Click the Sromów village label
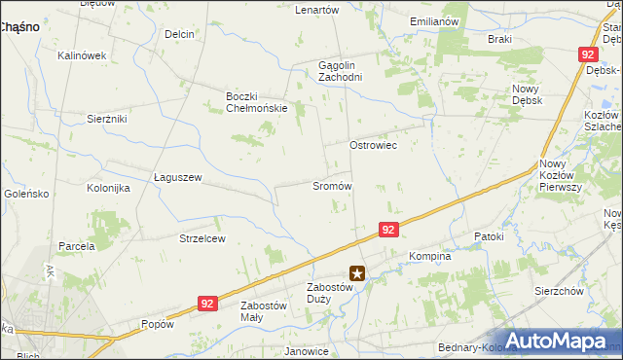point(331,186)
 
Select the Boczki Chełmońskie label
point(256,102)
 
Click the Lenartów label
point(316,10)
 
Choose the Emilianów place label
point(434,21)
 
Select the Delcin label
point(180,34)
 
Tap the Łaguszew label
point(177,178)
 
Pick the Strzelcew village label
point(202,238)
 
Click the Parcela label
point(76,246)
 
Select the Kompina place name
point(430,257)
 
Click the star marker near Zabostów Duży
point(358,274)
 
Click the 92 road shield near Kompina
point(388,230)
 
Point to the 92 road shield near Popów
point(206,304)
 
